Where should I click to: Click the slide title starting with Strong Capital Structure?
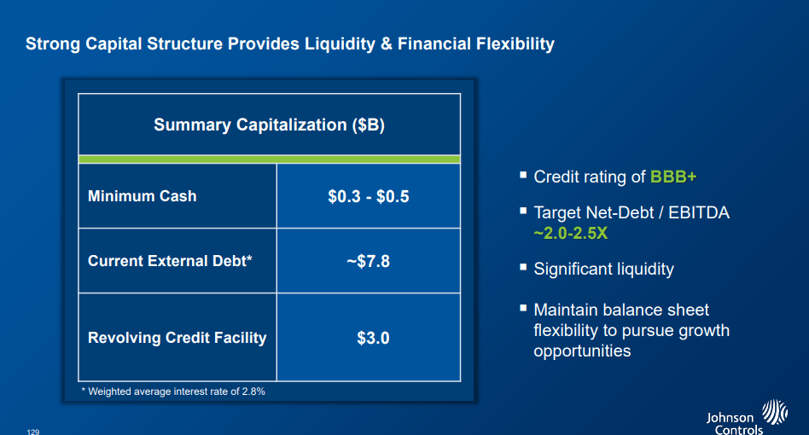(x=290, y=43)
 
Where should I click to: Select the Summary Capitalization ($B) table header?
(x=270, y=125)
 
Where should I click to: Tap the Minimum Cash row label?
(x=143, y=196)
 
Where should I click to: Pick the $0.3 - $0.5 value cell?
(x=369, y=196)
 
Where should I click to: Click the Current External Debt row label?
(x=170, y=261)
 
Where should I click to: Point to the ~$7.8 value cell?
(x=369, y=261)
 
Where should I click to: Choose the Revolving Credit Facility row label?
(x=177, y=338)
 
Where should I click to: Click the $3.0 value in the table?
(x=373, y=338)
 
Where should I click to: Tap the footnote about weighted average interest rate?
(x=173, y=391)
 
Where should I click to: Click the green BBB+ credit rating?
(x=673, y=177)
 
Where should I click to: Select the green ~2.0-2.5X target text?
(x=571, y=234)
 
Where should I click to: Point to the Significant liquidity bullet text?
(x=603, y=269)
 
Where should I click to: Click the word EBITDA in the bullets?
(x=699, y=212)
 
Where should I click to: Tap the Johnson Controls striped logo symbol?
(x=775, y=412)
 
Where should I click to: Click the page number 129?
(x=33, y=432)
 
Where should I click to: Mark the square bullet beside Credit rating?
(x=523, y=175)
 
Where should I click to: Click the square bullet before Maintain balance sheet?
(x=523, y=308)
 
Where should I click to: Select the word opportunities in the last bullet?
(x=582, y=351)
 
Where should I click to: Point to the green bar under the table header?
(x=270, y=159)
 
